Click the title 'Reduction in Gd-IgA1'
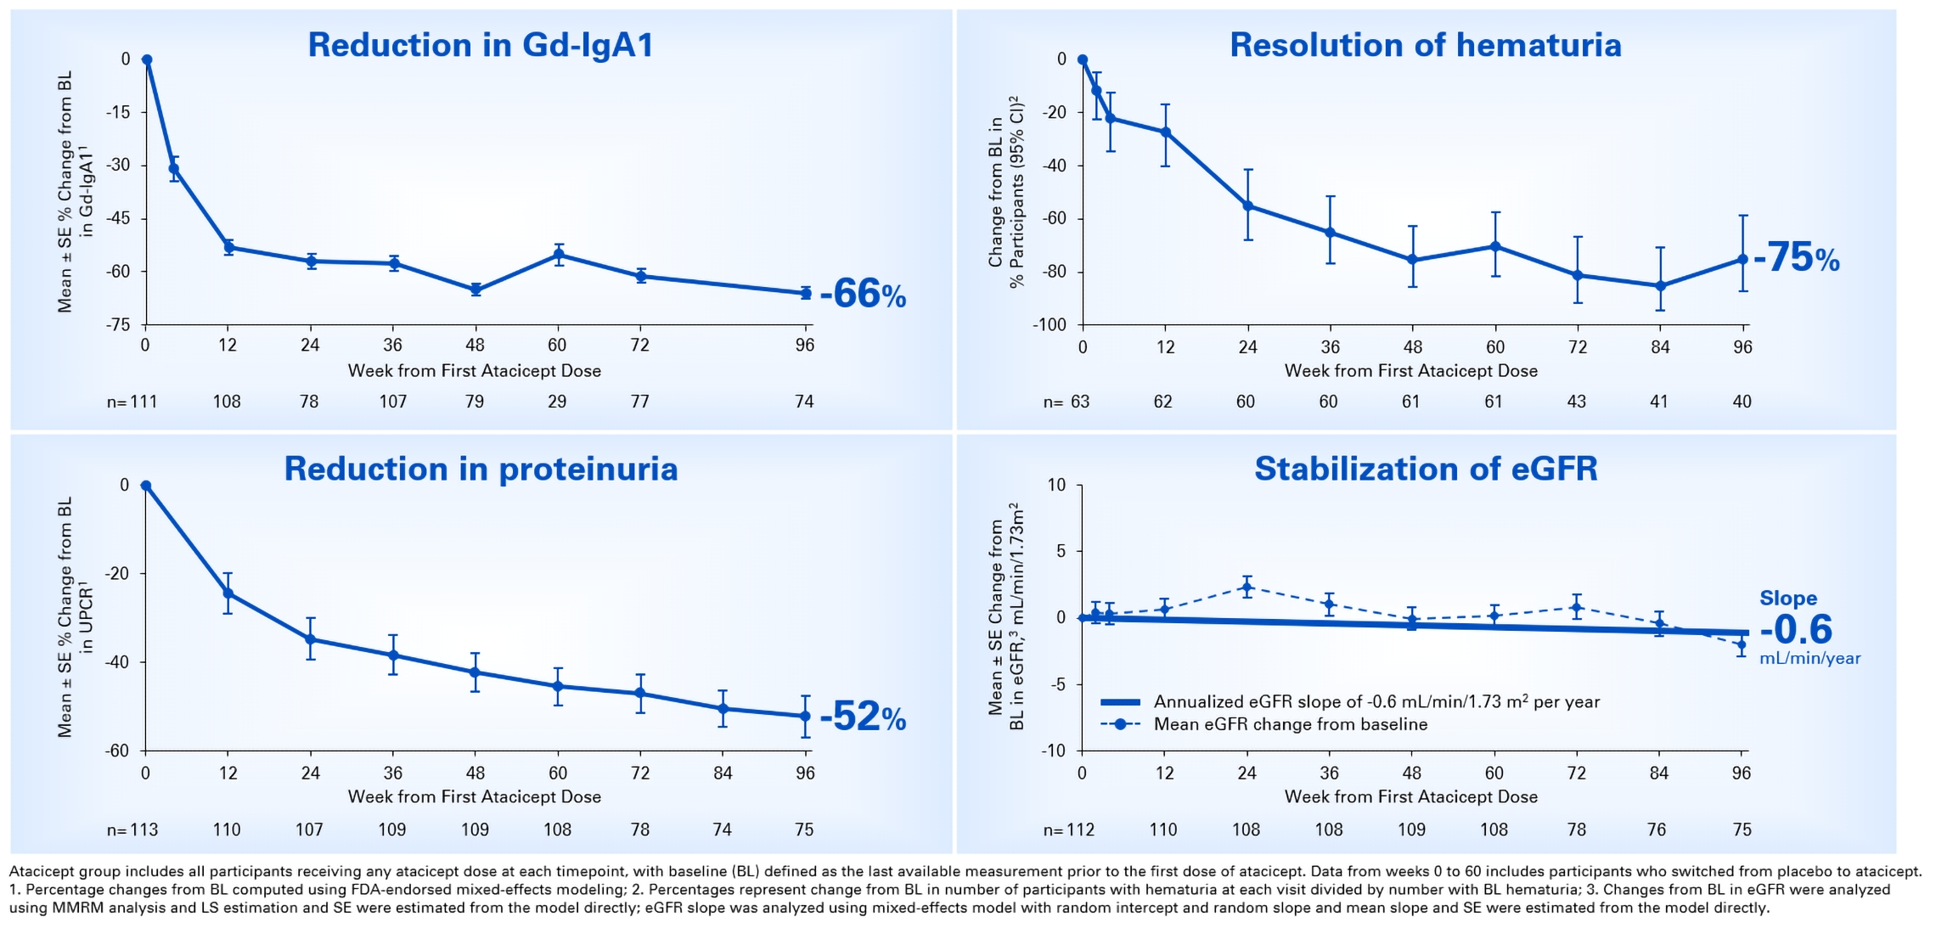[481, 45]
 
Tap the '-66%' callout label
[863, 295]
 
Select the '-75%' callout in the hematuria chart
[1796, 258]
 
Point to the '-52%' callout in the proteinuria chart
[863, 717]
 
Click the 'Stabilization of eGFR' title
[1426, 469]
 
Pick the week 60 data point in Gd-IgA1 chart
[558, 255]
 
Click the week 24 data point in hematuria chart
[1247, 205]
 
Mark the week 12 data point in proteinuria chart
[228, 593]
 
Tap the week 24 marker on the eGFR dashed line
[1247, 587]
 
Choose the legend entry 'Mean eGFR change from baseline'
[1290, 724]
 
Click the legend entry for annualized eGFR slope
[1376, 702]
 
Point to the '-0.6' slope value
[1796, 629]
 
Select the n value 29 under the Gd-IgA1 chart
[557, 402]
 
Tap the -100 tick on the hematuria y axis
[1050, 325]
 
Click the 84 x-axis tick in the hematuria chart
[1660, 346]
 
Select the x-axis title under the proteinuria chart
[475, 796]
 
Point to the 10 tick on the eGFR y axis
[1056, 485]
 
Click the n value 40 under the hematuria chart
[1742, 402]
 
